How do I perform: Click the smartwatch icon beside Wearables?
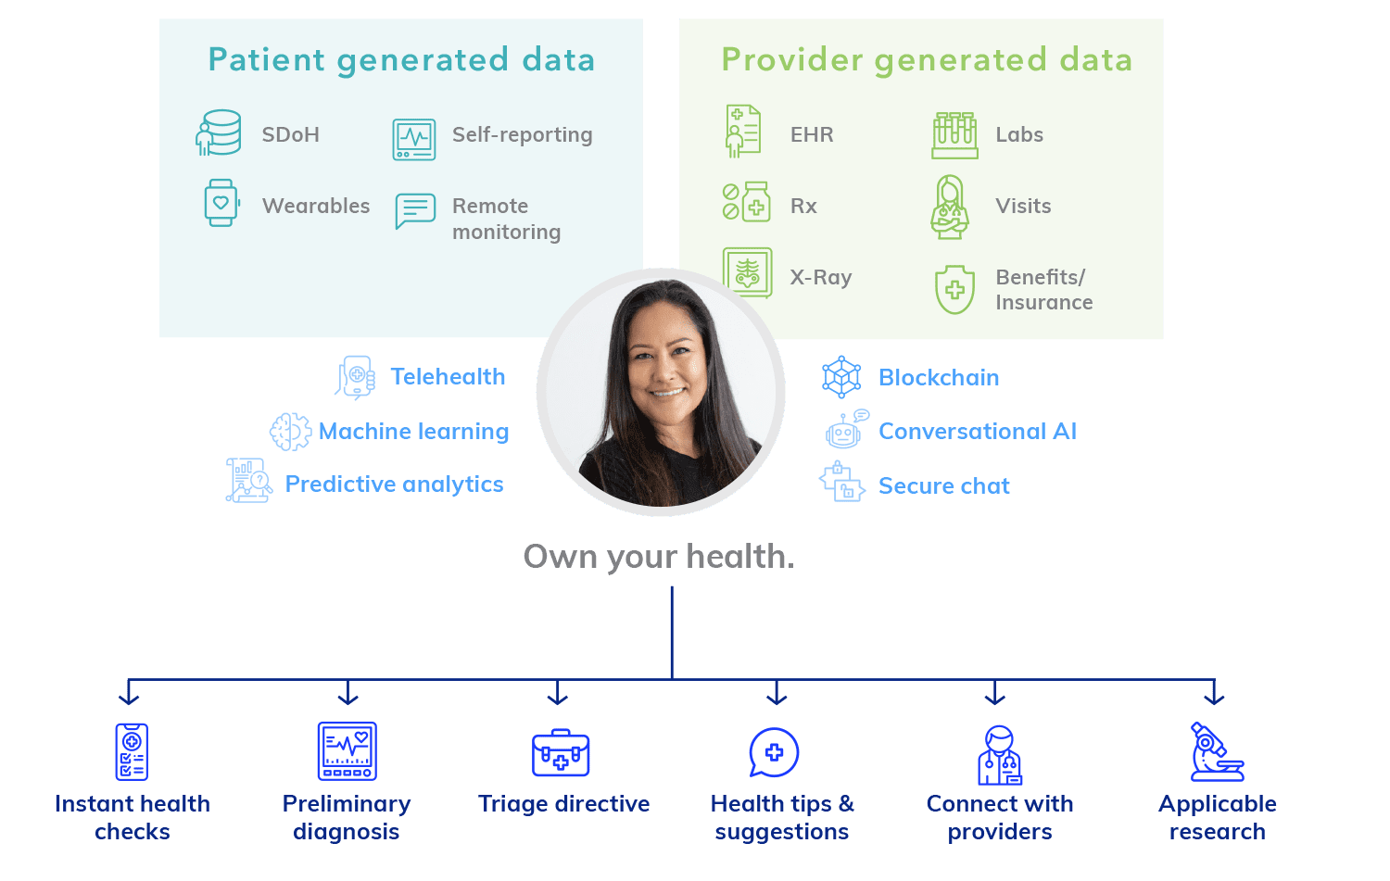(221, 203)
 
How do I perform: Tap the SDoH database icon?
(218, 132)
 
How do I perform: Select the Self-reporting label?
(522, 134)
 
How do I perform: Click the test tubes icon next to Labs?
(954, 135)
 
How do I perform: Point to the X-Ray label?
(820, 277)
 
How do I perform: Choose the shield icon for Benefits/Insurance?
(954, 290)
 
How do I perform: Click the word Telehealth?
(448, 377)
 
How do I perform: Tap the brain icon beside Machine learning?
(290, 431)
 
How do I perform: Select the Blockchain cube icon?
(841, 377)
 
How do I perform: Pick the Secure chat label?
(944, 485)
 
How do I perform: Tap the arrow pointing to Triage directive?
(557, 692)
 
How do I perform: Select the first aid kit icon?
(561, 752)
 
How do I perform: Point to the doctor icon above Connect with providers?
(1000, 755)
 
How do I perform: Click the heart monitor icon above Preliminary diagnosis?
(347, 750)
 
